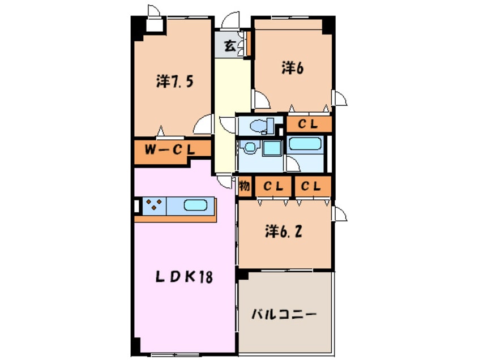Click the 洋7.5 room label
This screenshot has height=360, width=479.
tap(175, 82)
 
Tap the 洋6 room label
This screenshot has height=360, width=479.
tap(293, 68)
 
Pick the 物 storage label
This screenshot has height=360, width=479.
tap(244, 186)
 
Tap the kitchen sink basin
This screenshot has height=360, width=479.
tap(196, 204)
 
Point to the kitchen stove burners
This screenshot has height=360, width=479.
tap(154, 204)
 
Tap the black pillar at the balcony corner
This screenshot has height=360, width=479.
tap(243, 274)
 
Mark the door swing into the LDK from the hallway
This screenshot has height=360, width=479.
tap(226, 182)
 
